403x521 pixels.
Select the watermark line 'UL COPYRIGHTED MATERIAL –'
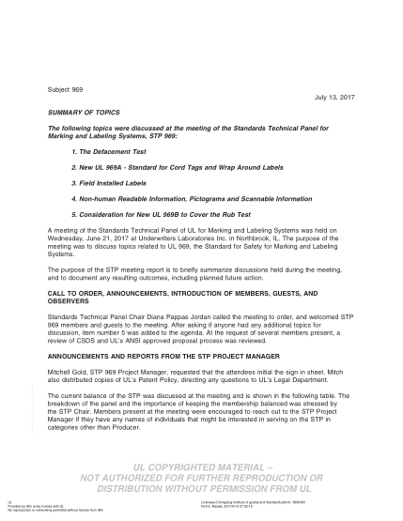(202, 465)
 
